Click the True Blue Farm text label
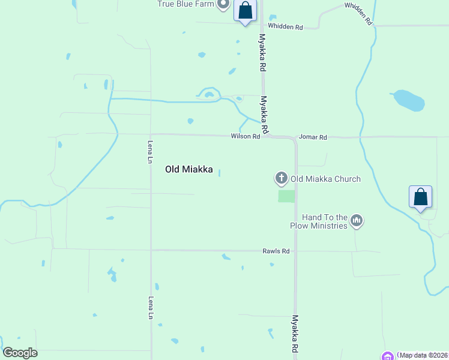[x=185, y=4]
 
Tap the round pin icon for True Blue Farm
[x=223, y=4]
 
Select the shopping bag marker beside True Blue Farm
[x=245, y=10]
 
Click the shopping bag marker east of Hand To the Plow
[x=420, y=197]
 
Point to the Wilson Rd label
[x=245, y=137]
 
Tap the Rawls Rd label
[x=276, y=251]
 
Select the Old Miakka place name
[x=189, y=170]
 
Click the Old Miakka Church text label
[x=325, y=179]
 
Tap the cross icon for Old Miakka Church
[x=281, y=178]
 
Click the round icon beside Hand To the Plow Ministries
[x=357, y=221]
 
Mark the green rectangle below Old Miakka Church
[x=286, y=196]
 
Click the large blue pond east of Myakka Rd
[x=409, y=101]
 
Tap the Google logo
[x=20, y=353]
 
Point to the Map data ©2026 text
[x=424, y=355]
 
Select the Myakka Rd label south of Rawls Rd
[x=295, y=334]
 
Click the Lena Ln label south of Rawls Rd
[x=151, y=308]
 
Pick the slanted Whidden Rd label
[x=359, y=13]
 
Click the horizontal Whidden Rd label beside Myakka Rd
[x=286, y=27]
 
